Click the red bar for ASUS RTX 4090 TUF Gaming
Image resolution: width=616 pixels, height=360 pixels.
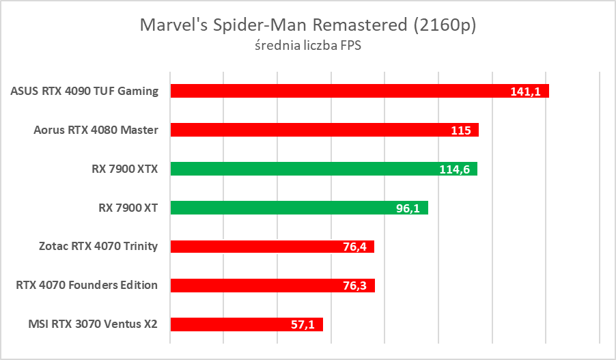click(341, 91)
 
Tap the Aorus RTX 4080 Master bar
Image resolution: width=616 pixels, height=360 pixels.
click(307, 130)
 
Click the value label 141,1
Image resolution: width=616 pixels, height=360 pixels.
click(526, 92)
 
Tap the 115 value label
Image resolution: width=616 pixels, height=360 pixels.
click(461, 130)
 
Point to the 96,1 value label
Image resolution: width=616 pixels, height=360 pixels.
click(408, 208)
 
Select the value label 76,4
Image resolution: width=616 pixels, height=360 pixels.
click(354, 247)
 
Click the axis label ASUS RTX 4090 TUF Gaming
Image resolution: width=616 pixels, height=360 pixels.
click(85, 91)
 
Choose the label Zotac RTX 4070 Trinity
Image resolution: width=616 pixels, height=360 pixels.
click(99, 247)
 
